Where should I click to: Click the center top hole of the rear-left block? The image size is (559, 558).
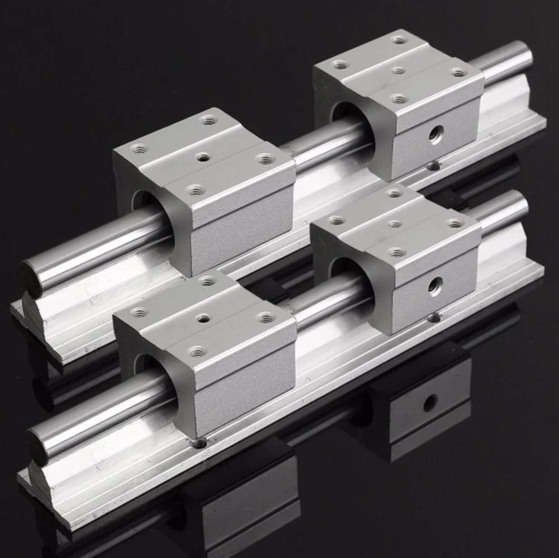(203, 157)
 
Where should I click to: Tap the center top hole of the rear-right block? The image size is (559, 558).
(398, 70)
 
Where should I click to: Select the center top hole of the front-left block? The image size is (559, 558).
(203, 318)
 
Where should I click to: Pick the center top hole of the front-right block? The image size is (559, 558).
(395, 224)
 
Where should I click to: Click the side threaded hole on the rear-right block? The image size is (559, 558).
(435, 134)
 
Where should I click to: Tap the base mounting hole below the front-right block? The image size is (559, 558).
(434, 318)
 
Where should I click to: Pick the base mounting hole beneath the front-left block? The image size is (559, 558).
(198, 443)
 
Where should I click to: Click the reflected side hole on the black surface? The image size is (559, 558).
(429, 403)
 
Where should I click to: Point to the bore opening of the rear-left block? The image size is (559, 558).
(144, 202)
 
